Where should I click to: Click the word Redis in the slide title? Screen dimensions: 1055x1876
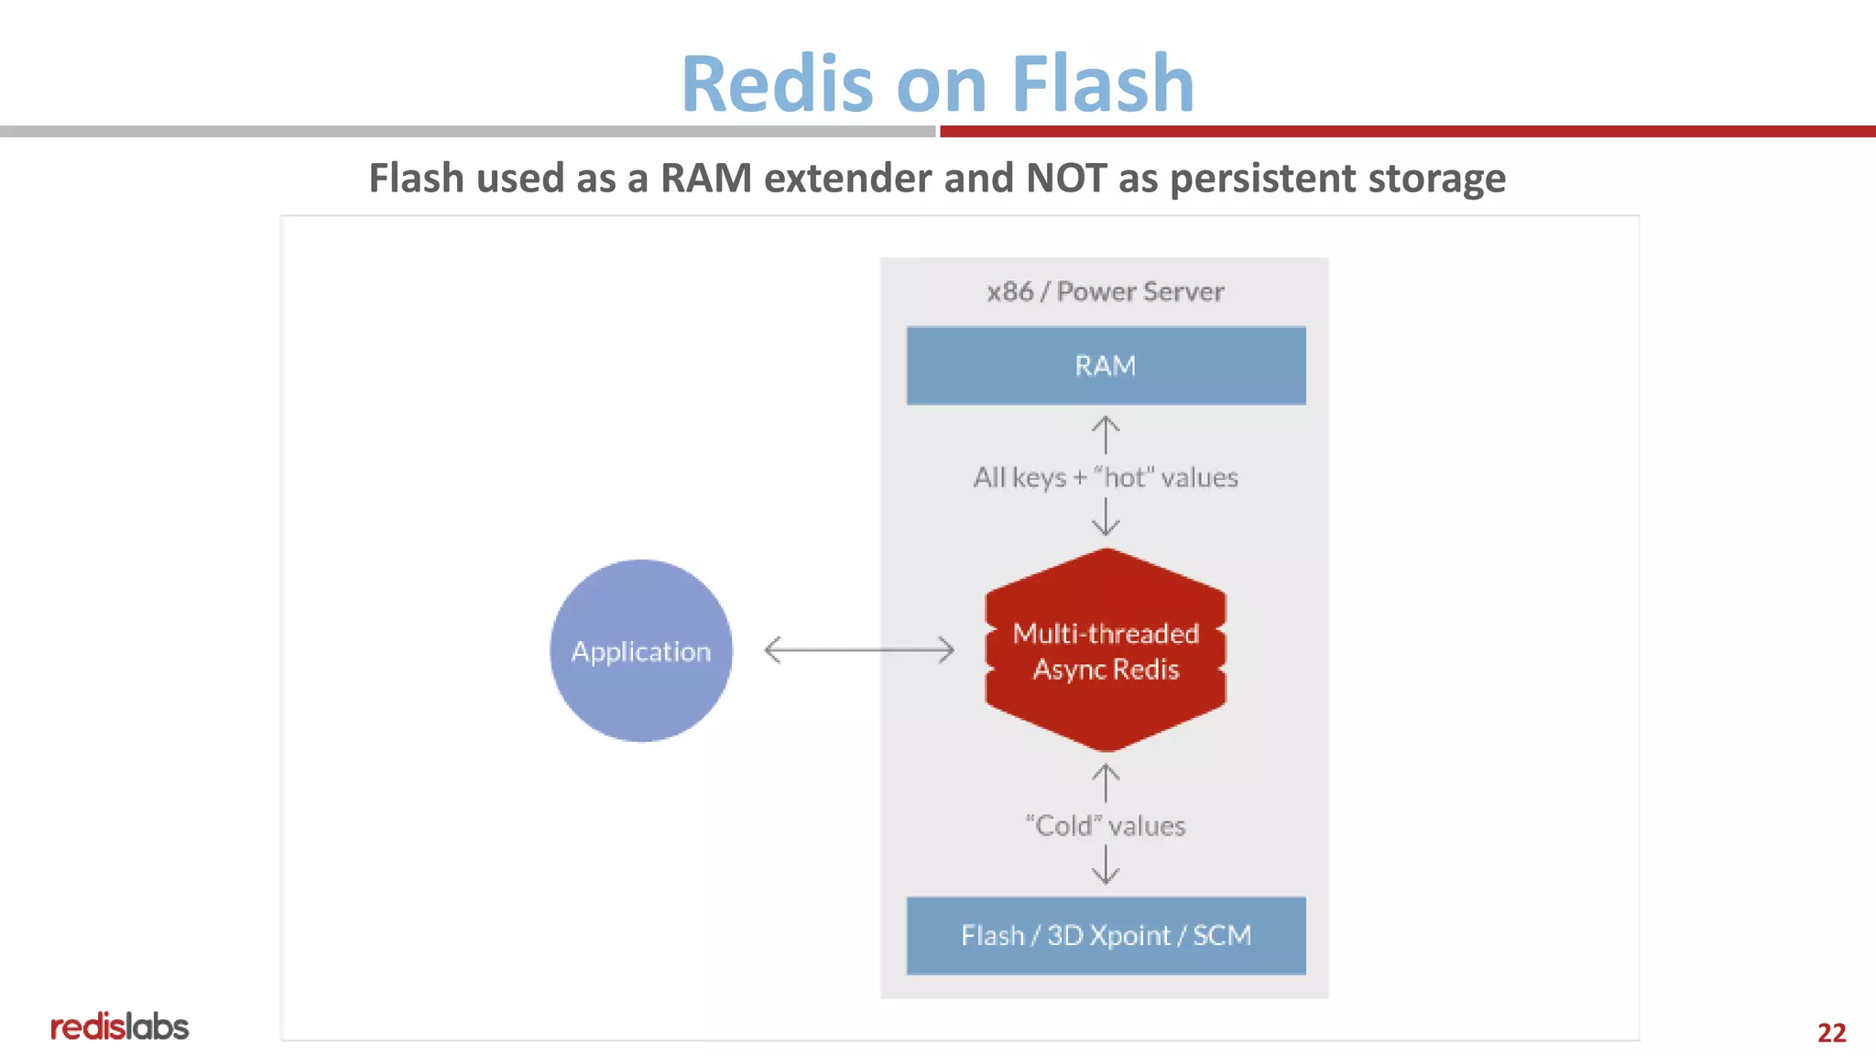[x=778, y=84]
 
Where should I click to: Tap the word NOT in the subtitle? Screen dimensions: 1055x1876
[x=1066, y=178]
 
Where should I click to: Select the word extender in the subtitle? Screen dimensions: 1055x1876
[x=847, y=178]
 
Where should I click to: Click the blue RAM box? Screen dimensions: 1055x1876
[x=1106, y=365]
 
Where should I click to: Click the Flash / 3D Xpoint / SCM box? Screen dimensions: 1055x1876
[x=1106, y=935]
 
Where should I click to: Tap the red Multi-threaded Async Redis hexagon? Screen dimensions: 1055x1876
[x=1106, y=650]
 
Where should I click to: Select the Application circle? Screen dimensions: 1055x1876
[x=640, y=650]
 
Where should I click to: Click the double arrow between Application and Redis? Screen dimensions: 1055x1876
[x=858, y=650]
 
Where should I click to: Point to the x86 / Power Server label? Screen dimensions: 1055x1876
[x=1106, y=291]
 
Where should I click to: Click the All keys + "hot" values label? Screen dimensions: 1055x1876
[x=1106, y=477]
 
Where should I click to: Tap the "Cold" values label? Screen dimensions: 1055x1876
[x=1106, y=825]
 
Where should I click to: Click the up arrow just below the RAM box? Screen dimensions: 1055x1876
[x=1106, y=434]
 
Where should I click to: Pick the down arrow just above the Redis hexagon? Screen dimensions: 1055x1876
[x=1106, y=517]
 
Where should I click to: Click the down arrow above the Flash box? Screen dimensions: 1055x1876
[x=1106, y=865]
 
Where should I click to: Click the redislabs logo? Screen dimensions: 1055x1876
[x=119, y=1027]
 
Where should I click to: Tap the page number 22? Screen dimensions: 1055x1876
[x=1831, y=1032]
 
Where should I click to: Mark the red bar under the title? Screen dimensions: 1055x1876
[x=1407, y=132]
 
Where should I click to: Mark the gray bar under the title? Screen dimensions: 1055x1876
[x=467, y=132]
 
